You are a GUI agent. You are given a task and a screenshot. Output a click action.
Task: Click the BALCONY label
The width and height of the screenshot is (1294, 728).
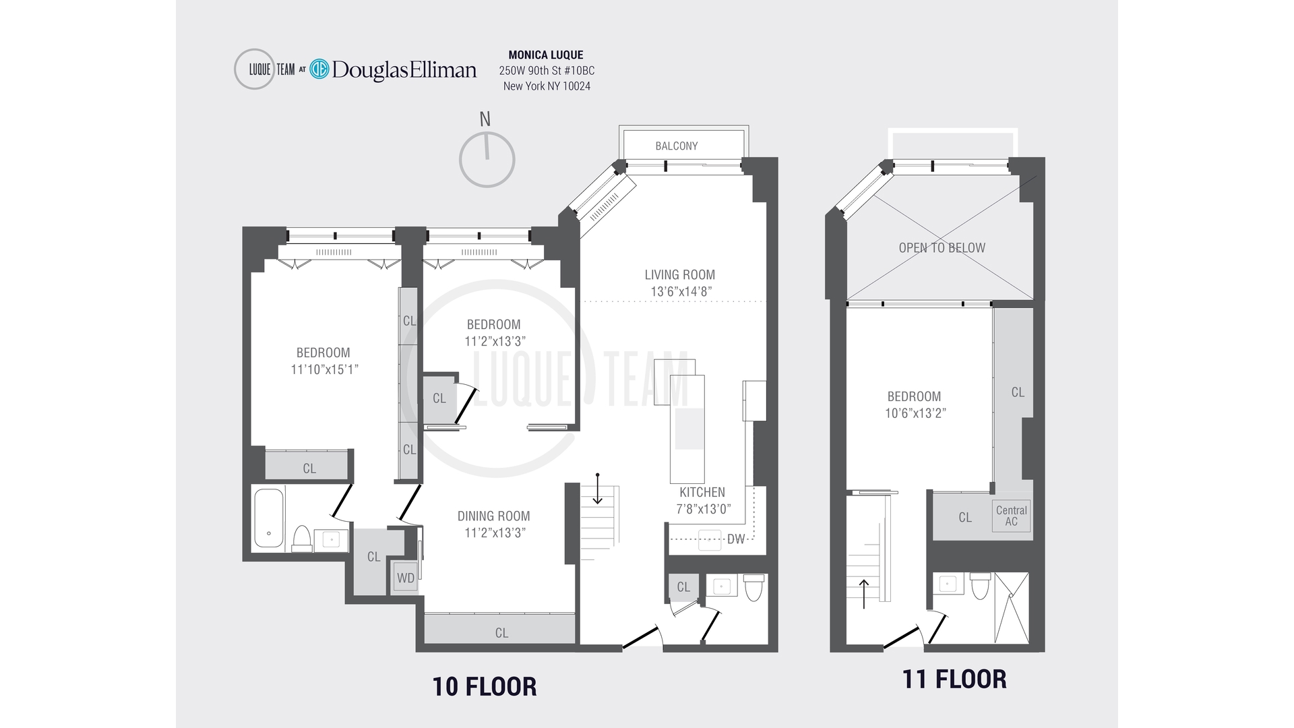tap(676, 146)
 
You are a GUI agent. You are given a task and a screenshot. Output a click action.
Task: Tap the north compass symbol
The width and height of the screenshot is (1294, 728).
tap(487, 159)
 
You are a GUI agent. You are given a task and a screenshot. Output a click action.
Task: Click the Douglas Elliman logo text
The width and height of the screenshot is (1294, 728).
tap(404, 69)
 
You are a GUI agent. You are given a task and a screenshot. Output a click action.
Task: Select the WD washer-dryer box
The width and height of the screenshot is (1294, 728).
tap(406, 578)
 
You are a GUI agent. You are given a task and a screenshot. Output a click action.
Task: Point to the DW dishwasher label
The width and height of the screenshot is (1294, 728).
tap(736, 539)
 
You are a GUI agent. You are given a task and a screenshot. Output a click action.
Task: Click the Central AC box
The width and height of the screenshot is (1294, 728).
tap(1011, 516)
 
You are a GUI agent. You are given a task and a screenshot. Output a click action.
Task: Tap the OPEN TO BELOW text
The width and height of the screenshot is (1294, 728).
tap(942, 247)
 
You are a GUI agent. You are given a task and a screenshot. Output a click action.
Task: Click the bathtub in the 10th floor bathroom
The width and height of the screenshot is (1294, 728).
tap(268, 518)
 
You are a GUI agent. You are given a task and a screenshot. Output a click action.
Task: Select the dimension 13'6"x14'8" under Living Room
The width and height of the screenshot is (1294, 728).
tap(681, 292)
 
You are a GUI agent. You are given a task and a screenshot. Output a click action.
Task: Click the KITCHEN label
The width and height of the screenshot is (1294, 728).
tap(702, 492)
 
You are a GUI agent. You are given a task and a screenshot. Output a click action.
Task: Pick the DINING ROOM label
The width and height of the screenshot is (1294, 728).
tap(493, 516)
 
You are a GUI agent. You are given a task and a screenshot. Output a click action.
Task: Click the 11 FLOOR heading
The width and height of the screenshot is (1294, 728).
tap(954, 679)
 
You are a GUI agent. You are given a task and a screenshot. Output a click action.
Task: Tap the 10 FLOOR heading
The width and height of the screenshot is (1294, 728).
tap(484, 686)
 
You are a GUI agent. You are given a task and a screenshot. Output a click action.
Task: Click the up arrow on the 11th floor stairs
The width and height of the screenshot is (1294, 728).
tap(864, 593)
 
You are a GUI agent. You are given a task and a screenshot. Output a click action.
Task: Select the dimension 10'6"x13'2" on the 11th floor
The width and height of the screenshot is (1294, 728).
tap(915, 413)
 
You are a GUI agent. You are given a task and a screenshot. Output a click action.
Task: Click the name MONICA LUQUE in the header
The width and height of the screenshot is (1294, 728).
tap(546, 55)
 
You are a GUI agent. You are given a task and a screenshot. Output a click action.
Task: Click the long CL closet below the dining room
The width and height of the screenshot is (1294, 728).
tap(500, 632)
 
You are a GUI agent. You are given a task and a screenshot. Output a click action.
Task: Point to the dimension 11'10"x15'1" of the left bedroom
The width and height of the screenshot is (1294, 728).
tap(323, 369)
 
